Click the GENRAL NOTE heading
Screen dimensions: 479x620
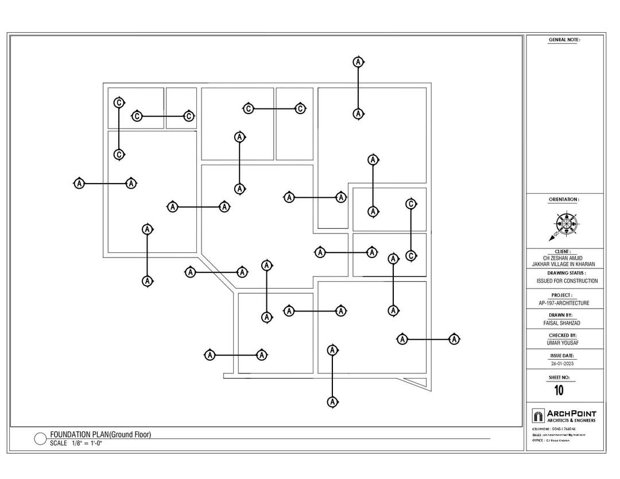click(564, 40)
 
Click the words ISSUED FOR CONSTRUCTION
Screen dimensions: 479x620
click(567, 281)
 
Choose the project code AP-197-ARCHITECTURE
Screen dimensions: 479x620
click(564, 303)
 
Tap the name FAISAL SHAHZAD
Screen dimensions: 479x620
click(564, 323)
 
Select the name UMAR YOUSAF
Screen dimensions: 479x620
click(564, 343)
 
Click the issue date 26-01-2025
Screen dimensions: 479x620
click(563, 364)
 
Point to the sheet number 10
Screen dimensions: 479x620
click(559, 391)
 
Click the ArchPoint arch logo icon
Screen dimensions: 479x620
click(538, 416)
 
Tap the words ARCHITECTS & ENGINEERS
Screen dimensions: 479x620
click(571, 420)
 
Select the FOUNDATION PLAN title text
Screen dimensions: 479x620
click(100, 435)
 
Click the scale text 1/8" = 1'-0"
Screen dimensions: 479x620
click(86, 443)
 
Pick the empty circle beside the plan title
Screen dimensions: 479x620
click(41, 439)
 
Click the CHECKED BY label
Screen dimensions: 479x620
click(563, 336)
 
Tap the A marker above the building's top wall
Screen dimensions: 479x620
click(358, 62)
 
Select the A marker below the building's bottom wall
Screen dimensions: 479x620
click(332, 402)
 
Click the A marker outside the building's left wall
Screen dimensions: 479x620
click(79, 184)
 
